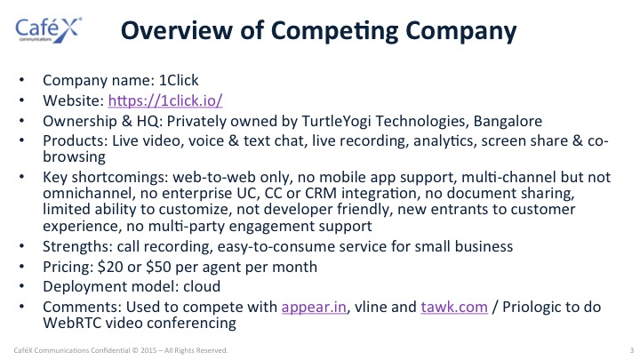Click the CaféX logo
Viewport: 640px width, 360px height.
[x=49, y=30]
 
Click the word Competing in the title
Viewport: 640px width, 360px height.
[x=335, y=32]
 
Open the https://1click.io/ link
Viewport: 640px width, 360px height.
[x=165, y=100]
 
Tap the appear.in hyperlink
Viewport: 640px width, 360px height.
[x=314, y=307]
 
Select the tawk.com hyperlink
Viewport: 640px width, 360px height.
[x=454, y=307]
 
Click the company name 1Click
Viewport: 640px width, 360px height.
[x=179, y=80]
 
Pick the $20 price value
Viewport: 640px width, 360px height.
[x=110, y=267]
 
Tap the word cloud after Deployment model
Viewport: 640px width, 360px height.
[x=202, y=286]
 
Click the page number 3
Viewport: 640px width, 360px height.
[x=632, y=350]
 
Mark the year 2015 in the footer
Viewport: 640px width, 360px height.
[x=148, y=350]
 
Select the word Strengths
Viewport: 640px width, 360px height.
[x=77, y=246]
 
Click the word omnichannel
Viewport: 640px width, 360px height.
[x=89, y=193]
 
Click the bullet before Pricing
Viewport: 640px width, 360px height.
[x=21, y=267]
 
